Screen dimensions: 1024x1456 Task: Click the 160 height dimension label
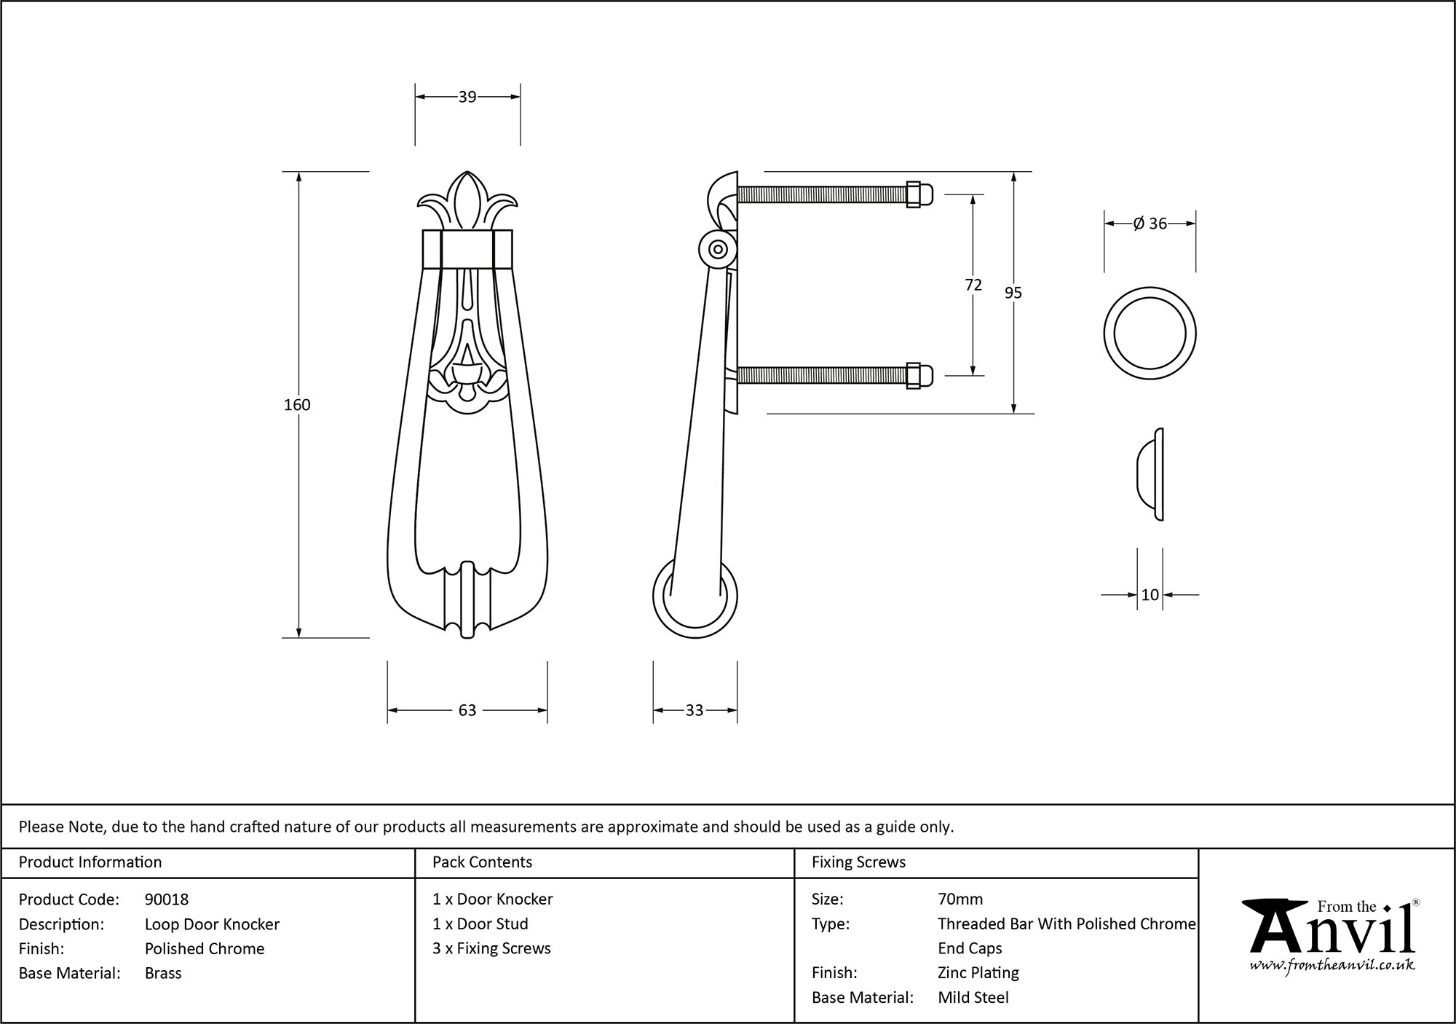(x=297, y=405)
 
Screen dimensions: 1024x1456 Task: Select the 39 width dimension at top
(x=467, y=97)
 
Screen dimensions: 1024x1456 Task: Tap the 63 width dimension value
(x=467, y=710)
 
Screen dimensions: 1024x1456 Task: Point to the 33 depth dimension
(x=695, y=710)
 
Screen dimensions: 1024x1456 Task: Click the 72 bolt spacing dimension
(x=973, y=285)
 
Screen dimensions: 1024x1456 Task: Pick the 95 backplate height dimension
(x=1013, y=293)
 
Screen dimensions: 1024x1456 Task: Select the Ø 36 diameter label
(x=1150, y=224)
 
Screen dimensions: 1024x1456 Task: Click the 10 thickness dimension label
(x=1150, y=595)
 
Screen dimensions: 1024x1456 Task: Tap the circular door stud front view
(x=1150, y=333)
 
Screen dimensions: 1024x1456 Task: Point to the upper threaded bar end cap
(x=925, y=194)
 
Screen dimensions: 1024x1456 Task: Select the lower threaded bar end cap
(x=925, y=375)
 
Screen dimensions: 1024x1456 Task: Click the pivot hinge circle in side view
(x=718, y=249)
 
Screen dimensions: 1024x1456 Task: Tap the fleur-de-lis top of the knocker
(x=467, y=200)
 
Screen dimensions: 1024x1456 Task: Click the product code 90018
(x=167, y=899)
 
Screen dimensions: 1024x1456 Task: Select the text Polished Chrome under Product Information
(x=205, y=948)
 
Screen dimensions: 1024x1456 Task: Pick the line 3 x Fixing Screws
(x=491, y=948)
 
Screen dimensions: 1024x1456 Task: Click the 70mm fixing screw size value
(x=960, y=899)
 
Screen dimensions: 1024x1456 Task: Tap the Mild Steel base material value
(x=973, y=998)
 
